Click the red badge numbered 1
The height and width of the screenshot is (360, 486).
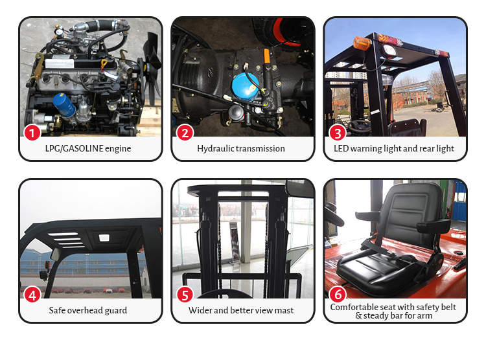point(32,133)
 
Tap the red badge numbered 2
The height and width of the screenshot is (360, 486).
point(185,133)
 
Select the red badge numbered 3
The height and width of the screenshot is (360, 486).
point(338,133)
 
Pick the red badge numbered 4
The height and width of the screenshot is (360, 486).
point(32,295)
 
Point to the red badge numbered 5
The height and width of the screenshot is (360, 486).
point(185,295)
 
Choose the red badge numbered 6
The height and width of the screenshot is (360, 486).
point(338,295)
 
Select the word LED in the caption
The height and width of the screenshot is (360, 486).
point(342,149)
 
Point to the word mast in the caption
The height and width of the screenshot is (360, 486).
point(283,311)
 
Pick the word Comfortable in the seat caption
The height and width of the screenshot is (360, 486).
point(354,307)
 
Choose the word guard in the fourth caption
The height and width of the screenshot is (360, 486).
point(116,311)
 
